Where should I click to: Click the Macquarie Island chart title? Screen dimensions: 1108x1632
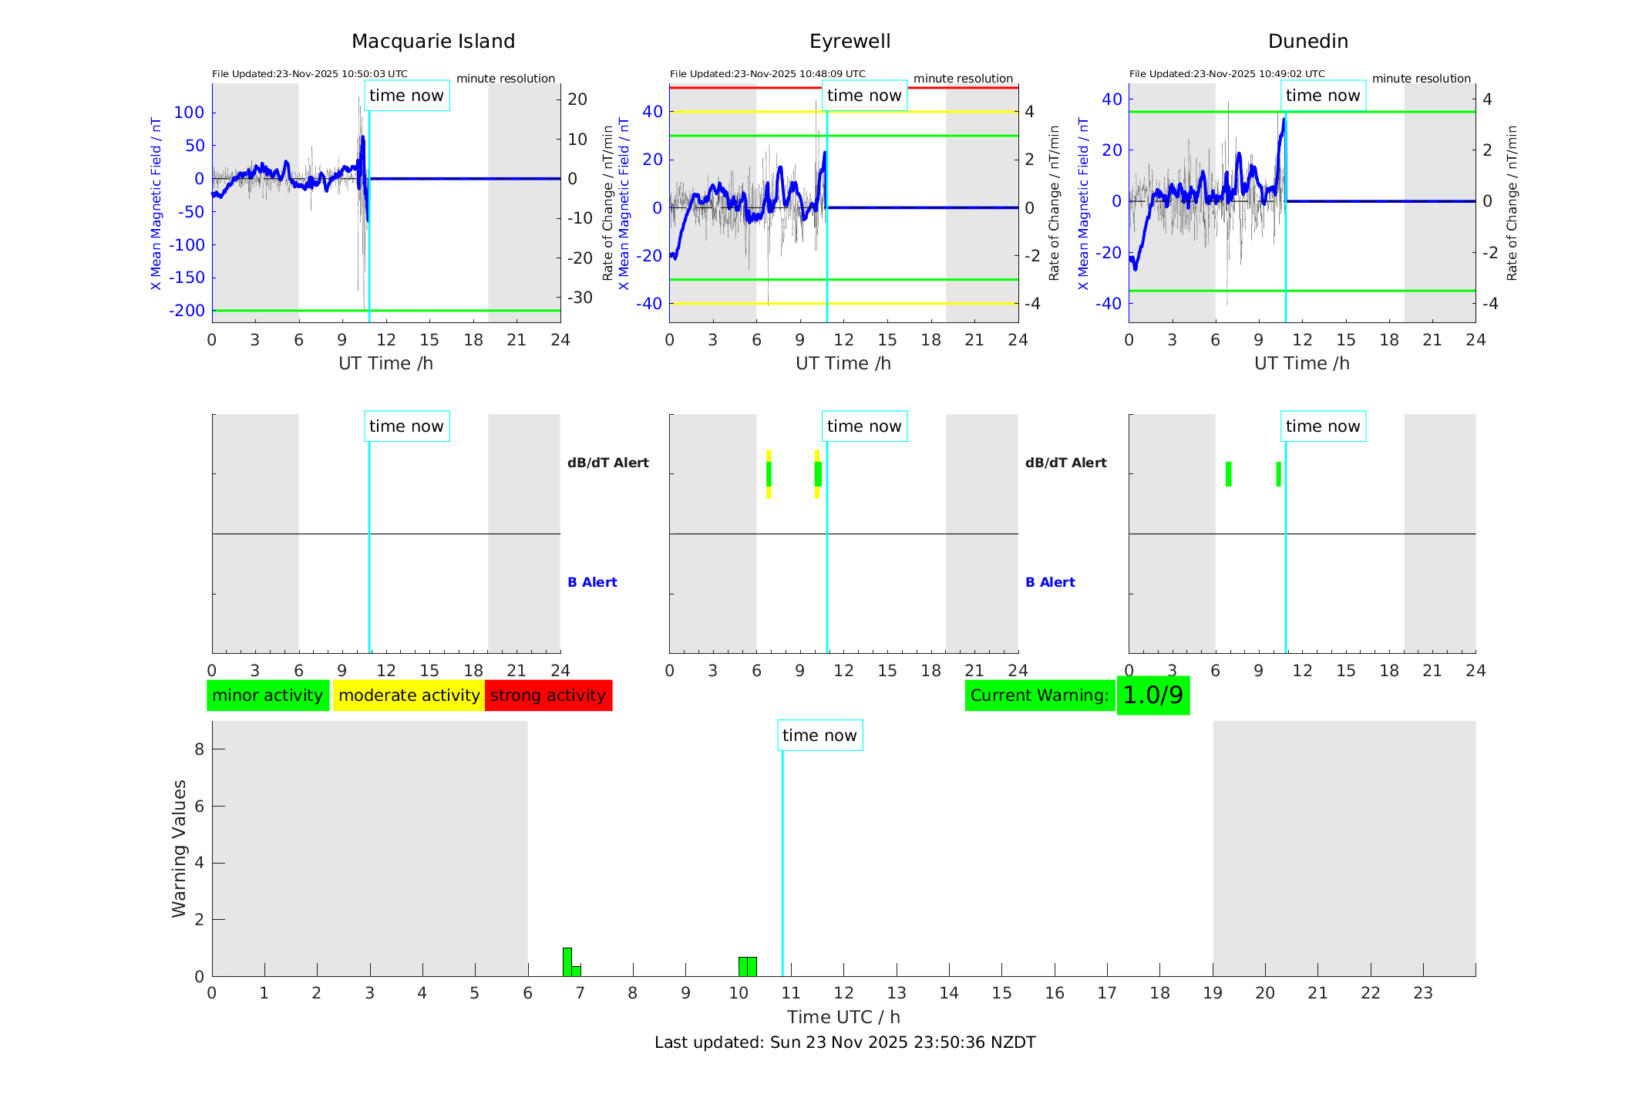[x=433, y=42]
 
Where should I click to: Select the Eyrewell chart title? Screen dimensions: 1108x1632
[x=850, y=42]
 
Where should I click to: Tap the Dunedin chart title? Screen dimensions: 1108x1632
[x=1307, y=42]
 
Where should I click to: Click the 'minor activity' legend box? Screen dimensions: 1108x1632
[x=268, y=695]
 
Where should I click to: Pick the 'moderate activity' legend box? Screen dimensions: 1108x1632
[x=409, y=695]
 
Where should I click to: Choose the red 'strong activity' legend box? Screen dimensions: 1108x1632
[x=548, y=695]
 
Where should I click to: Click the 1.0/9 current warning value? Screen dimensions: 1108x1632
[x=1152, y=695]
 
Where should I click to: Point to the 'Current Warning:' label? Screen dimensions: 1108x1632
[x=1039, y=695]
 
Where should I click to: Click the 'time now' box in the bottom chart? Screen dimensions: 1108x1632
[x=819, y=736]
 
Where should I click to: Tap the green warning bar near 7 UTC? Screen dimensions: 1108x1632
[x=567, y=962]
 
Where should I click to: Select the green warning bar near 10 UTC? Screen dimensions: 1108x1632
[x=747, y=967]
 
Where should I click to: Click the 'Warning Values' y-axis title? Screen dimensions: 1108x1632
[x=180, y=848]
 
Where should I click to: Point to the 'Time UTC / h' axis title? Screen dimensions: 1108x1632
[x=843, y=1017]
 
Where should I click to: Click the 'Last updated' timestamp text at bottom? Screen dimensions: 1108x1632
[x=845, y=1042]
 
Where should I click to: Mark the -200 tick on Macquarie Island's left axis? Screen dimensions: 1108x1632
[x=187, y=311]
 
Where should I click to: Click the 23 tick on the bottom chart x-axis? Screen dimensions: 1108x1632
[x=1422, y=993]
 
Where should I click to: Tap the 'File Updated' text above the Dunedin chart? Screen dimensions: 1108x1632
[x=1227, y=74]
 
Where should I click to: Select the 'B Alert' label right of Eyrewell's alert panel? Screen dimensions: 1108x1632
[x=1050, y=582]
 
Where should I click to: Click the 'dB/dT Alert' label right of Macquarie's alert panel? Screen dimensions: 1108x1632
[x=607, y=463]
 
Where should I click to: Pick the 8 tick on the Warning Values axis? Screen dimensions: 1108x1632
[x=199, y=749]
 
